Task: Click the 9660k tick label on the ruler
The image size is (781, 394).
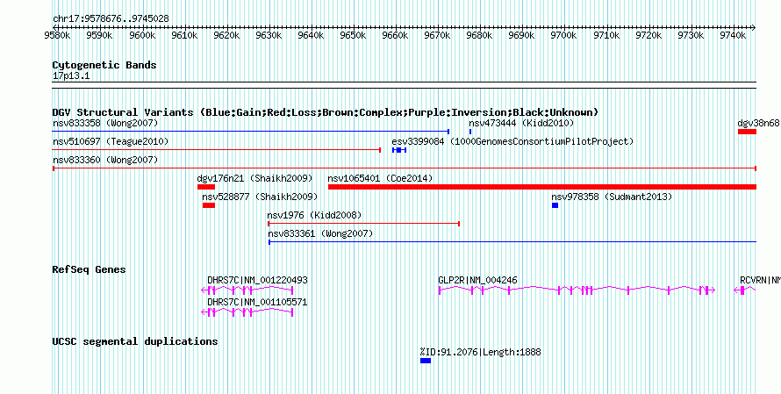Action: pyautogui.click(x=395, y=35)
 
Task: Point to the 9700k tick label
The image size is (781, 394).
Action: pyautogui.click(x=563, y=35)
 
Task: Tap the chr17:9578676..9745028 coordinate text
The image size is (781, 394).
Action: pyautogui.click(x=111, y=19)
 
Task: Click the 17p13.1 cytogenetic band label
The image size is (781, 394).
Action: pyautogui.click(x=71, y=76)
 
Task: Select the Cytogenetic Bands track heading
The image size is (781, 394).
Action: pyautogui.click(x=104, y=65)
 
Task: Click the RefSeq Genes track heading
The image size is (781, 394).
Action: pyautogui.click(x=89, y=269)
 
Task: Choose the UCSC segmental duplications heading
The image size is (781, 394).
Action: pyautogui.click(x=135, y=341)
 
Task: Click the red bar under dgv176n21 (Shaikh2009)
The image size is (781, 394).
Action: pyautogui.click(x=205, y=187)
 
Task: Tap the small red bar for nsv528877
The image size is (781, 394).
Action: pyautogui.click(x=209, y=205)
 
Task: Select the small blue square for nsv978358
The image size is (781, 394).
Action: pyautogui.click(x=555, y=205)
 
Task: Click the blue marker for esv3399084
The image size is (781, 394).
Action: pyautogui.click(x=399, y=150)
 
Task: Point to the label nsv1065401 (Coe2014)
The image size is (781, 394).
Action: pyautogui.click(x=380, y=178)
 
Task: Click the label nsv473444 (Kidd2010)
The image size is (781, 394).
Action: pyautogui.click(x=521, y=123)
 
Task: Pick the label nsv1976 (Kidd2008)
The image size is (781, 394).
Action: pyautogui.click(x=314, y=215)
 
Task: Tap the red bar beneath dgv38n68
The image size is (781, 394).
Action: pyautogui.click(x=747, y=132)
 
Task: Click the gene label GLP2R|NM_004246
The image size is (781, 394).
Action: pyautogui.click(x=477, y=281)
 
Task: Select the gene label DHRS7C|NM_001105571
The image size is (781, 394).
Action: pyautogui.click(x=257, y=303)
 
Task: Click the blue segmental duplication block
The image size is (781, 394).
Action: pyautogui.click(x=426, y=361)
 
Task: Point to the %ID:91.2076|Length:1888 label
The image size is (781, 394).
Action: pyautogui.click(x=481, y=352)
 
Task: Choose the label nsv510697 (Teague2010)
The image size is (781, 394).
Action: pyautogui.click(x=111, y=141)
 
